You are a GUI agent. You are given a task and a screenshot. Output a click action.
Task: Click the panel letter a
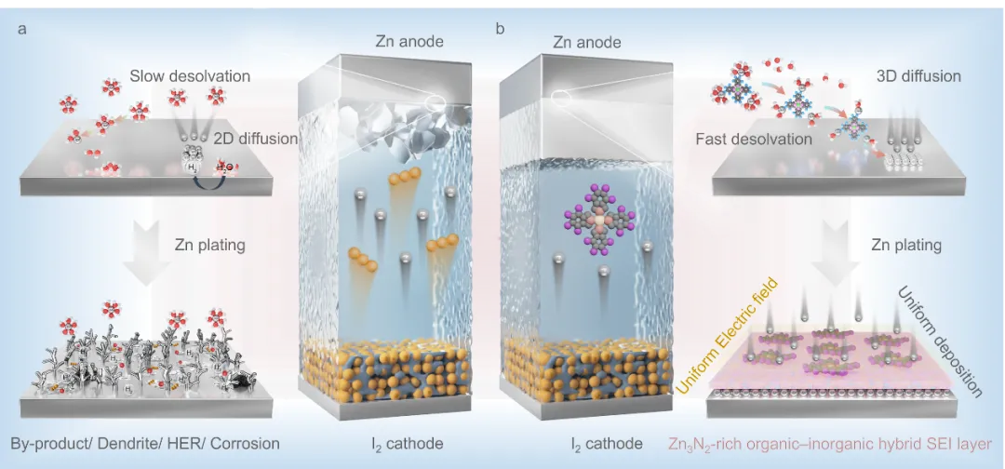pos(21,29)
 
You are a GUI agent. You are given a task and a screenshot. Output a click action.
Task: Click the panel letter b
pos(501,29)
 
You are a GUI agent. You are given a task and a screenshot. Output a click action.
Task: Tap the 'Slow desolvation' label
pos(190,75)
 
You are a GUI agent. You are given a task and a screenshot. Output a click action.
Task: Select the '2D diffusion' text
pos(255,139)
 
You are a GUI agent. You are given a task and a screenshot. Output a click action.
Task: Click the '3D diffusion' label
pos(918,75)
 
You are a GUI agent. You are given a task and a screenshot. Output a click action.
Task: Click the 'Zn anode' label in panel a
pos(409,41)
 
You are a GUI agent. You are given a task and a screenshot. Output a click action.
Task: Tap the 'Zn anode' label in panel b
pos(586,42)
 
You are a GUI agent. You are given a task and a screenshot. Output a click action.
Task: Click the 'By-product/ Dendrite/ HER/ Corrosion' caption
pos(145,443)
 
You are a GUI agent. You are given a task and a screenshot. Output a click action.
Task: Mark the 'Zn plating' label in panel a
pos(209,246)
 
